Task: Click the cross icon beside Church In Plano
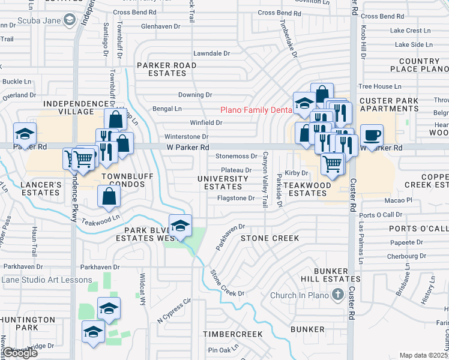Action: [338, 295]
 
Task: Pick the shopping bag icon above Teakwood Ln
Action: [109, 196]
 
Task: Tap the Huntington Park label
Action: [27, 324]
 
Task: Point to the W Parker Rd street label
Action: [188, 147]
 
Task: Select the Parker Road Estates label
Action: [166, 69]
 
